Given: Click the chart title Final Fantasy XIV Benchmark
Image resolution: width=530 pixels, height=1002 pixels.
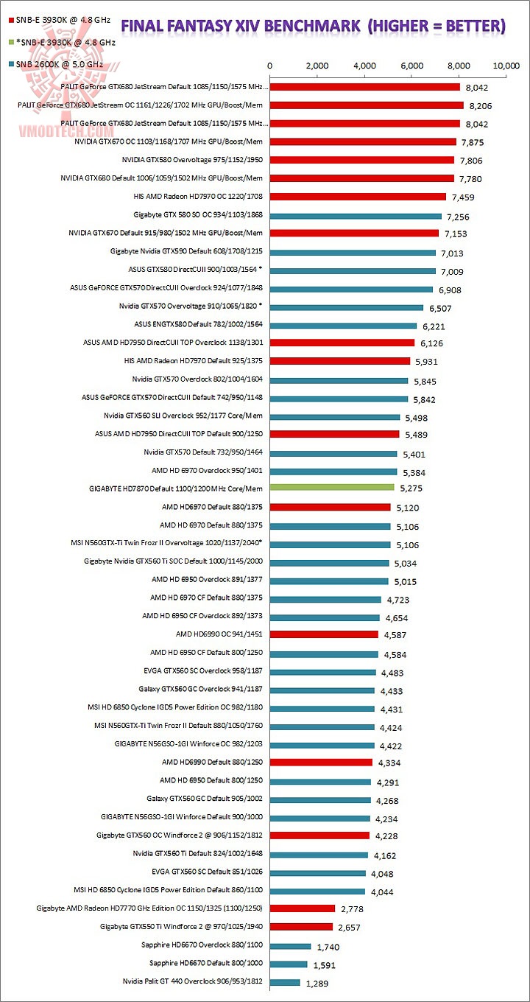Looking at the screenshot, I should pos(313,27).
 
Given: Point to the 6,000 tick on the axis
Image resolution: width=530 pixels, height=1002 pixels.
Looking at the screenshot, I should pos(412,66).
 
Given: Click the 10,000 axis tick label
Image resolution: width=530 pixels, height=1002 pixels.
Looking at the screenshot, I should pos(507,66).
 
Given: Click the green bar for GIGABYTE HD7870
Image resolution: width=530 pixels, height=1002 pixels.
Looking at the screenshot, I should pos(333,488).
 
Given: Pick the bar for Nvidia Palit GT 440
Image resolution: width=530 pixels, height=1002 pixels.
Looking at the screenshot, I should pos(286,982).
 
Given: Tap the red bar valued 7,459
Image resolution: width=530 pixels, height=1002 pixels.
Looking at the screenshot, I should pos(358,197).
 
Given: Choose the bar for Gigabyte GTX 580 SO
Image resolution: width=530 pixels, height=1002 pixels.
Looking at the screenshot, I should pos(356,215).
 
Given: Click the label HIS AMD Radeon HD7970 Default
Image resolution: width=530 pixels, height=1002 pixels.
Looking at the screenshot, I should pos(194,361).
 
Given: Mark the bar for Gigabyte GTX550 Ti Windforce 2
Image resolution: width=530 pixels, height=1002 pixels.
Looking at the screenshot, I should pos(302,927).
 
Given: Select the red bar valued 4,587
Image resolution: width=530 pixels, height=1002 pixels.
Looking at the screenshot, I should pos(325,634).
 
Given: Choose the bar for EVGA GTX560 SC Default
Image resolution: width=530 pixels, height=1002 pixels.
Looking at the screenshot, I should pos(318,872).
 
